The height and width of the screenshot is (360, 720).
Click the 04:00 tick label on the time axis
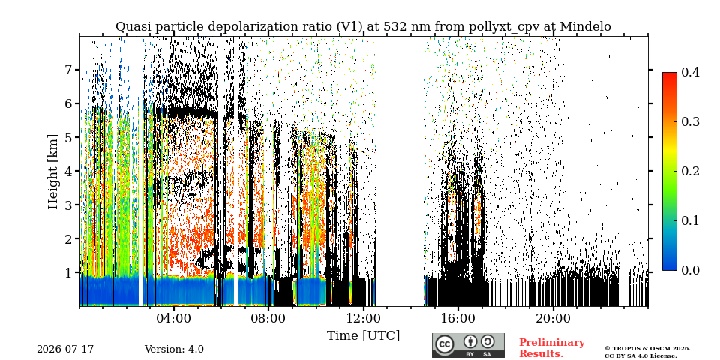174,318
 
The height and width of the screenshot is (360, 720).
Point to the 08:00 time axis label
268,318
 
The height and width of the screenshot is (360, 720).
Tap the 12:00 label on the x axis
363,318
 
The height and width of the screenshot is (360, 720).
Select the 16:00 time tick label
457,318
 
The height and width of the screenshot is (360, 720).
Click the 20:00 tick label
553,318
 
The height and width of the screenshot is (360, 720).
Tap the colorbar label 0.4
690,72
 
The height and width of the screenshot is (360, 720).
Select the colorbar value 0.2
690,171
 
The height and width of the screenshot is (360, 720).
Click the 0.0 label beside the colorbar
690,270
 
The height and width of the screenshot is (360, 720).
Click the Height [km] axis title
54,172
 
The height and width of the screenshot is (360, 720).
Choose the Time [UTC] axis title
363,336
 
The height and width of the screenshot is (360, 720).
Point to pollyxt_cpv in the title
505,27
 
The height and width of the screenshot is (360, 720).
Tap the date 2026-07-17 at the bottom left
65,349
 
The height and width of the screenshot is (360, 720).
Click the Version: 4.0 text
174,349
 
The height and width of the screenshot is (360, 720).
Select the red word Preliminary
552,343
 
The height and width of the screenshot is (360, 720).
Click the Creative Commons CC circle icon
444,345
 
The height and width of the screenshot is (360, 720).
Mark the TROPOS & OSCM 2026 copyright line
647,349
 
